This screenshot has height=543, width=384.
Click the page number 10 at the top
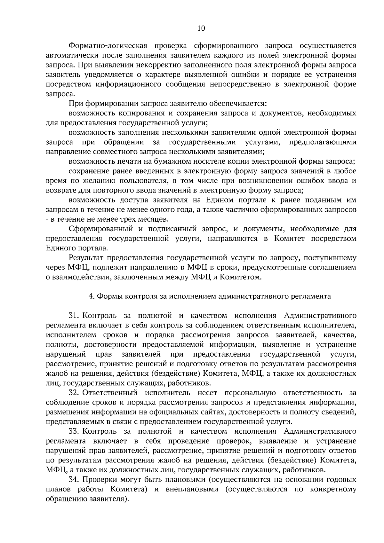tap(201, 28)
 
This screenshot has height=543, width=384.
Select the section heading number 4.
tap(91, 296)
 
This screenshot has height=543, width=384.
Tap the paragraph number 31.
tap(74, 316)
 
